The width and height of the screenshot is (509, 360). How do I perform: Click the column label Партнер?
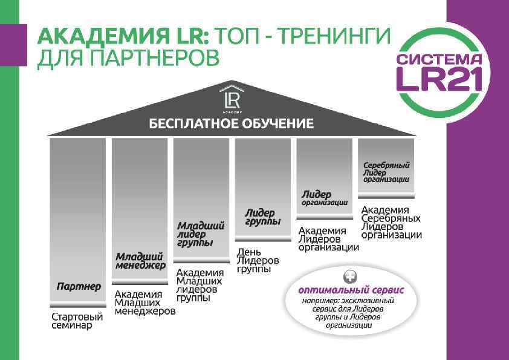[79, 286]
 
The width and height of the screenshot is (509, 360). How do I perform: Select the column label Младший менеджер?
[140, 261]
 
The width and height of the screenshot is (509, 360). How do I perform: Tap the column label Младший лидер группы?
[201, 234]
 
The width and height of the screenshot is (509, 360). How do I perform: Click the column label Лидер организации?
[325, 198]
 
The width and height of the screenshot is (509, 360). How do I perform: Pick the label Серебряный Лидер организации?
[386, 172]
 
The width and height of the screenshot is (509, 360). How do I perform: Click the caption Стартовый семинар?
[77, 321]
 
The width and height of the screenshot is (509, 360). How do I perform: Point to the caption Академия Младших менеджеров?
[144, 303]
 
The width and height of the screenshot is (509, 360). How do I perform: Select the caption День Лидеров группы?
[258, 260]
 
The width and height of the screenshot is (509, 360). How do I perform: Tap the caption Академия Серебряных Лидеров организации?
[391, 222]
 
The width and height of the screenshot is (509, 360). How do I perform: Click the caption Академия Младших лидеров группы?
[200, 285]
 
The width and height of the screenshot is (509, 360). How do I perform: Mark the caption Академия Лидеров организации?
[328, 238]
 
